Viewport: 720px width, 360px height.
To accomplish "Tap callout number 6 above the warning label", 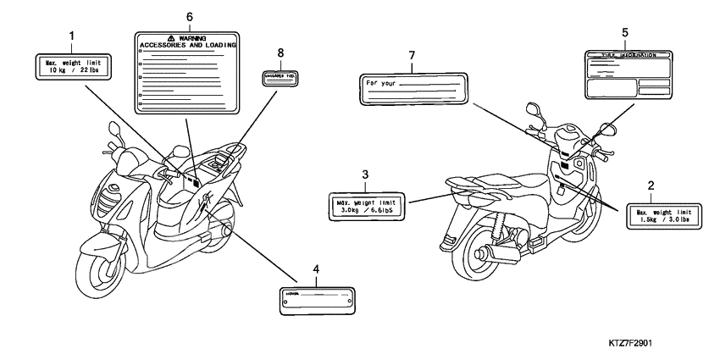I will (x=189, y=17).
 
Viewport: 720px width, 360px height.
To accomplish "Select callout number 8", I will (x=280, y=53).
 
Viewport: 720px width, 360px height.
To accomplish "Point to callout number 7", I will (x=412, y=56).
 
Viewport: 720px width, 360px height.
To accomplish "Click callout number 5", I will (x=624, y=32).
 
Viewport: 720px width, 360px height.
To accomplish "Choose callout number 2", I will (x=650, y=184).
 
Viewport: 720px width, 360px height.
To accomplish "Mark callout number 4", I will (x=315, y=269).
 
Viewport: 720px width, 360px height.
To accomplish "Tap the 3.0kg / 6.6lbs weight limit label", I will (x=365, y=205).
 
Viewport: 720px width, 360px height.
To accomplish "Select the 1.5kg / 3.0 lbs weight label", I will (x=663, y=216).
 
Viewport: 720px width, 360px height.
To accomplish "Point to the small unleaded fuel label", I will (x=280, y=76).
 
